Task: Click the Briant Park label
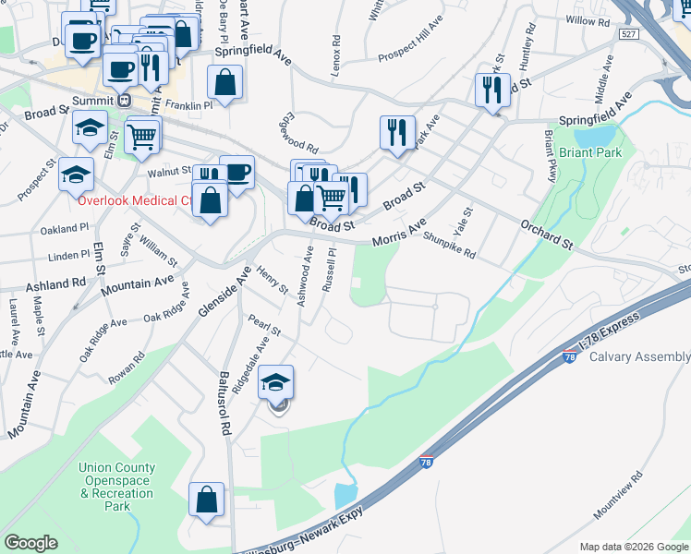(x=590, y=152)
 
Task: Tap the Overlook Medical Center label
(x=135, y=199)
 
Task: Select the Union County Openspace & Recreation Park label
(x=116, y=487)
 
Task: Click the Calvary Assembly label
(x=639, y=357)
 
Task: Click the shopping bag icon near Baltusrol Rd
(x=206, y=499)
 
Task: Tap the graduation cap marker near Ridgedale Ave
(x=275, y=383)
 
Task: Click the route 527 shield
(x=628, y=33)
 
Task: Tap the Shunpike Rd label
(x=449, y=245)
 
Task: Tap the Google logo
(x=31, y=543)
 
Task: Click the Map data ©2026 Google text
(x=634, y=547)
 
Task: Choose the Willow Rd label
(x=588, y=19)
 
